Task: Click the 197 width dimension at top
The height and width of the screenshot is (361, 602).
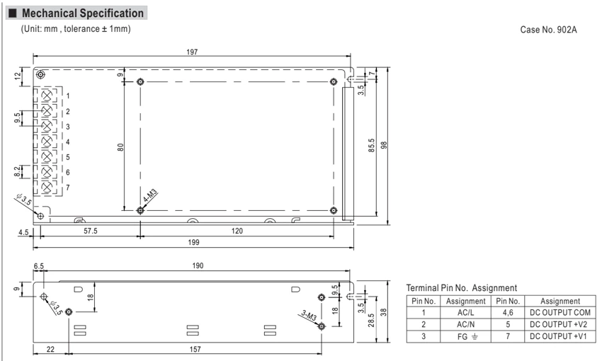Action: point(192,52)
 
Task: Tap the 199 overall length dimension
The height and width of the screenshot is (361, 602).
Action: point(193,242)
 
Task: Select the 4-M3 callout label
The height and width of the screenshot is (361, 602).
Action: point(150,195)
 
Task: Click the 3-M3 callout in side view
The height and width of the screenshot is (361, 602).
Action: point(309,316)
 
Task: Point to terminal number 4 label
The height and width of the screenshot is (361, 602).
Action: point(68,142)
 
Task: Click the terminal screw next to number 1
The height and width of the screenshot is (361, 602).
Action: point(47,96)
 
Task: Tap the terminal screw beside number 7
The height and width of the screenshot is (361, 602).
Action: point(47,187)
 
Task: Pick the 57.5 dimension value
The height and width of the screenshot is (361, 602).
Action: point(91,231)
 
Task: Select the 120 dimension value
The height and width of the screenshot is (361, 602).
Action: point(237,231)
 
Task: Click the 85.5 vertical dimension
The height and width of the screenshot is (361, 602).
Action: point(372,145)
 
